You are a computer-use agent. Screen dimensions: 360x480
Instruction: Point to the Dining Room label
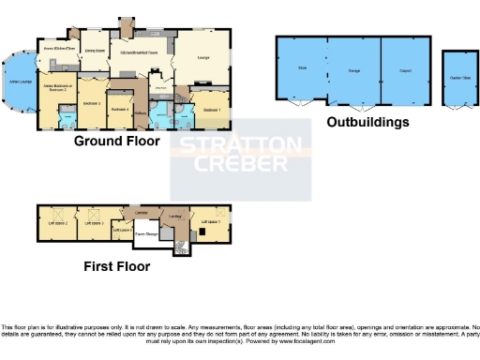[94, 51]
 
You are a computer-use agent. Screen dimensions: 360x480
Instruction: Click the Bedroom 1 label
[212, 111]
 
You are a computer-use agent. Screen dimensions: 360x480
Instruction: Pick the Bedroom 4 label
[120, 110]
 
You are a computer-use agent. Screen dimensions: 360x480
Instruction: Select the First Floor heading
[110, 265]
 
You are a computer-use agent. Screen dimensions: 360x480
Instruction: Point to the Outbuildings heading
[367, 122]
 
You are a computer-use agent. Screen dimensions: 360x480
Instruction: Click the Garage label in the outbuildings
[354, 71]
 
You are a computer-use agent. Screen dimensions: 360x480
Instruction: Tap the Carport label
[405, 70]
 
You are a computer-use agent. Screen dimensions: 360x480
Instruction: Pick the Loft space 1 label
[210, 221]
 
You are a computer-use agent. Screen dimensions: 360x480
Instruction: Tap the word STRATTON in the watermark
[240, 146]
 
